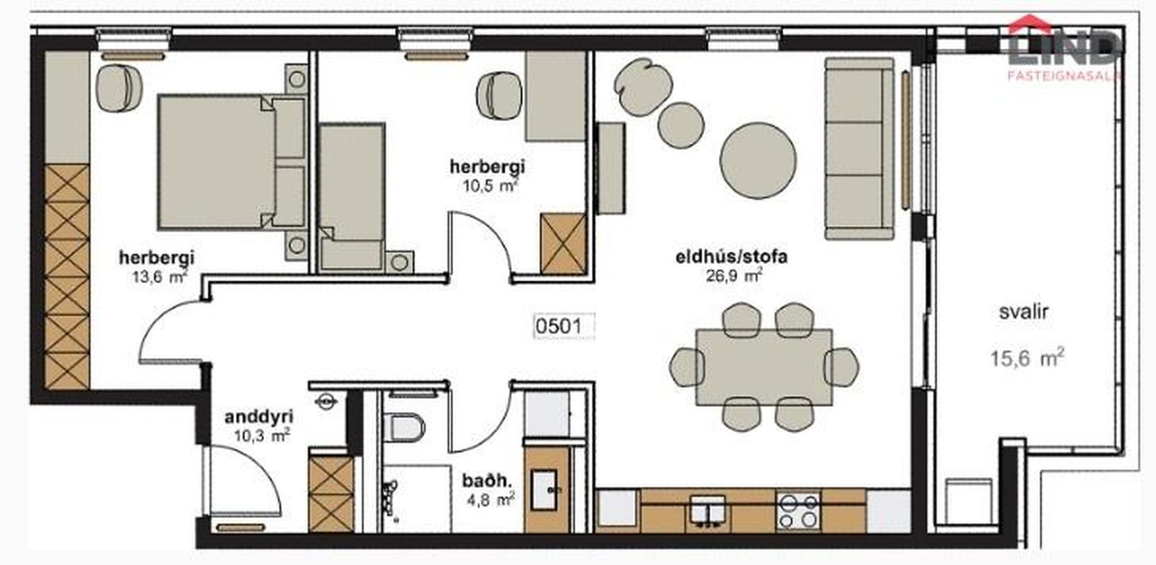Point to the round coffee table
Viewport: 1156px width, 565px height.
click(x=758, y=160)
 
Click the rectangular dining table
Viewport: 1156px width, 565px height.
click(x=764, y=367)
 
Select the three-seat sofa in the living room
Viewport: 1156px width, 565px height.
click(x=859, y=149)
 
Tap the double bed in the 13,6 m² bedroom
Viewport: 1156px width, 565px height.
click(x=231, y=162)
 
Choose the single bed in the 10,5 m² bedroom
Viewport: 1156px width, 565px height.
click(x=351, y=196)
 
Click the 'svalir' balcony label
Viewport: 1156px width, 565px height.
click(x=1024, y=311)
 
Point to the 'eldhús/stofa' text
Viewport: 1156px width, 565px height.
click(x=731, y=257)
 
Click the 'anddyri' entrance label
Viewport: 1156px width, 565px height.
click(x=258, y=417)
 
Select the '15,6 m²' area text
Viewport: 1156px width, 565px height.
click(x=1027, y=357)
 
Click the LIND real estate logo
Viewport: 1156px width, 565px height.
click(x=1063, y=49)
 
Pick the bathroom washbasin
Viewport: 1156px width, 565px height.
click(x=544, y=490)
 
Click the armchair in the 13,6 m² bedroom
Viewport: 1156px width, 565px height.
click(x=119, y=89)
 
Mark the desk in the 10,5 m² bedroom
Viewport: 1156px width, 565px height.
click(x=556, y=96)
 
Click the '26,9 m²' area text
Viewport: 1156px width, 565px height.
click(x=734, y=275)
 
